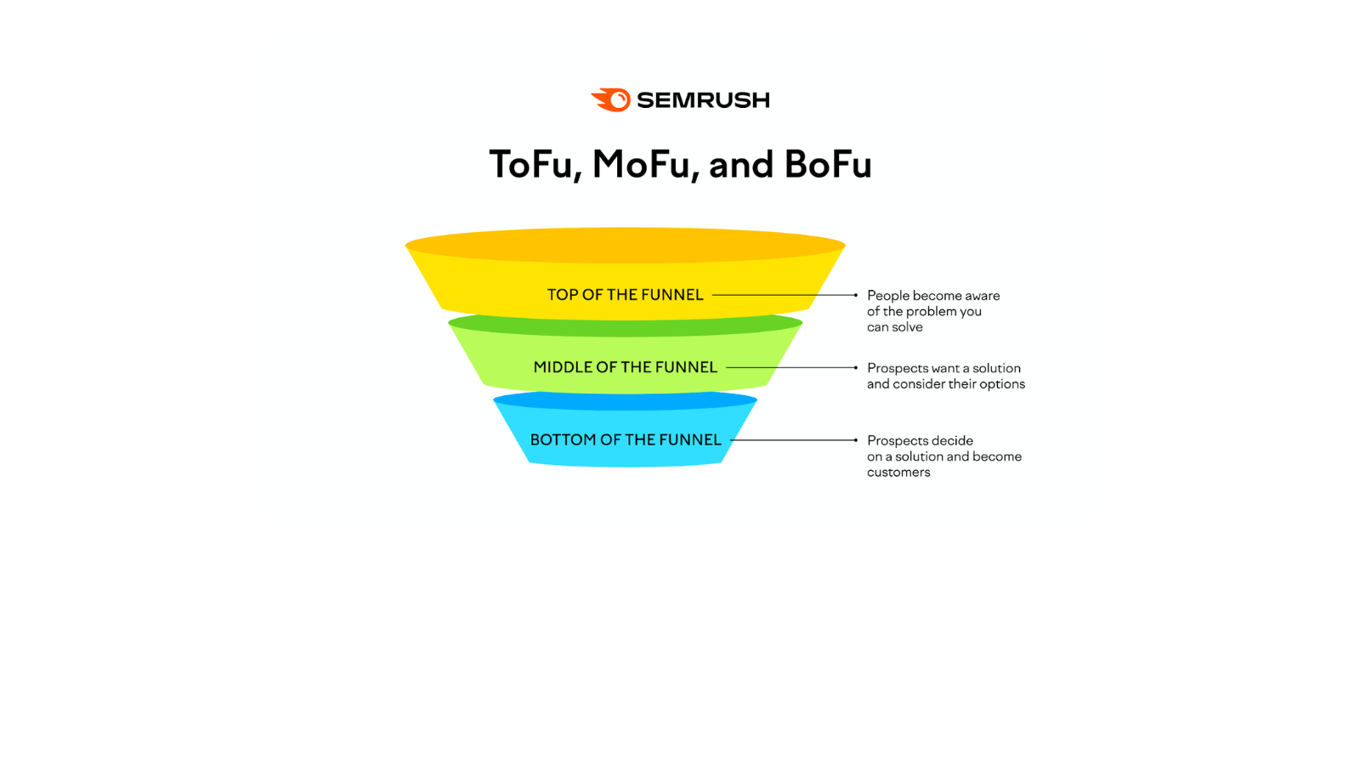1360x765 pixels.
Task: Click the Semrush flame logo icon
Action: click(x=611, y=100)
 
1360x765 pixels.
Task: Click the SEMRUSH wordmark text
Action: click(x=703, y=100)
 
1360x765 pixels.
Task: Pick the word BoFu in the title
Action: click(x=827, y=164)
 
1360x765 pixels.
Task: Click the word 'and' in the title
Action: click(x=740, y=164)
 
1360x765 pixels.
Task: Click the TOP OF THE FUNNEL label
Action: click(x=625, y=295)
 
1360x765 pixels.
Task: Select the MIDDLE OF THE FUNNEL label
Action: click(x=625, y=367)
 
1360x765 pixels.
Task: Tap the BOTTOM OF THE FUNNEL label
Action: click(x=625, y=439)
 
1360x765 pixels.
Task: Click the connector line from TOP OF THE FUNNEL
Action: click(x=782, y=295)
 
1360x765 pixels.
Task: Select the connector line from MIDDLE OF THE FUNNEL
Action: click(x=790, y=367)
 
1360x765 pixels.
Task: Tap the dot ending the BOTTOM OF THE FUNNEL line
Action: click(x=855, y=440)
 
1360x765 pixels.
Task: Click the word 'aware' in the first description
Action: click(x=982, y=296)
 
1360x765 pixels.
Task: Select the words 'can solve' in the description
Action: click(x=894, y=327)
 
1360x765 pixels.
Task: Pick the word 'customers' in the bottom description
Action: click(x=898, y=473)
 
